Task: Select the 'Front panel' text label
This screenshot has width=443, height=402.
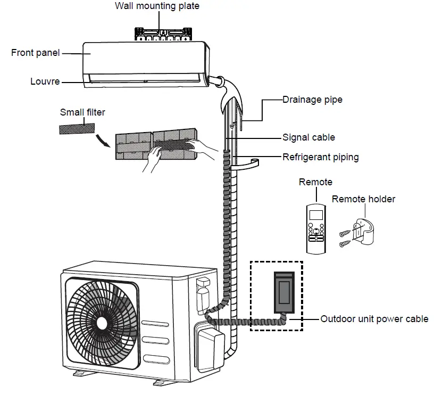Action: click(35, 53)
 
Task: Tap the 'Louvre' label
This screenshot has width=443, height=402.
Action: click(45, 82)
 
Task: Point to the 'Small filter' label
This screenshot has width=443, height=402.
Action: click(82, 112)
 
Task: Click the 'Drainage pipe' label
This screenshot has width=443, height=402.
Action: click(312, 100)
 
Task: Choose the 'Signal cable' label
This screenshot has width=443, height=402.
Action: click(308, 137)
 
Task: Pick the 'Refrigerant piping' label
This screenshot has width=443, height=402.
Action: click(320, 157)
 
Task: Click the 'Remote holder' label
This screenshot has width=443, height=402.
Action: click(363, 199)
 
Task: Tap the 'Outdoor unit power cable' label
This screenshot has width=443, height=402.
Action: click(374, 319)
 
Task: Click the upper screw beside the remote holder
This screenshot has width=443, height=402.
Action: click(346, 232)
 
